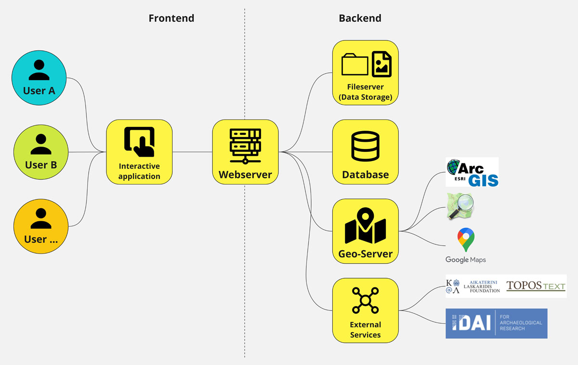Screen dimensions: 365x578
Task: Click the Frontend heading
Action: coord(171,18)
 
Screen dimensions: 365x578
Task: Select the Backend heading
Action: coord(360,18)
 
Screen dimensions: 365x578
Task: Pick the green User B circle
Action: coord(41,152)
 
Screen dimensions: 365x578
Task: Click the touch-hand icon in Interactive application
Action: coord(139,142)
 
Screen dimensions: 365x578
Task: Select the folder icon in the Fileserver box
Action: coord(355,65)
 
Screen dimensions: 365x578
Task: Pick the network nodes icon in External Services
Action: coord(366,300)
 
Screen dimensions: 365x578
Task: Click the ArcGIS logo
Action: coord(472,172)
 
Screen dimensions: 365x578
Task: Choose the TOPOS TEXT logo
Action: coord(536,286)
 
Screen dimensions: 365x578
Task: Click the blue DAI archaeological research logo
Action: coord(496,323)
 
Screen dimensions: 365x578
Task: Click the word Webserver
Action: coord(245,175)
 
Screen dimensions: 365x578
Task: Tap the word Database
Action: coord(366,175)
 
